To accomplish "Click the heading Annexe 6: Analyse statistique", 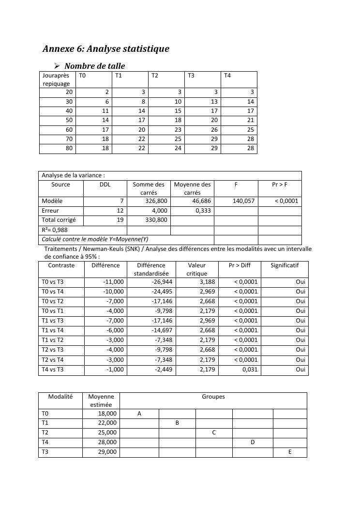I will (106, 49).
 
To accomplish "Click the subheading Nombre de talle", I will (94, 66).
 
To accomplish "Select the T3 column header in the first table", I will (191, 76).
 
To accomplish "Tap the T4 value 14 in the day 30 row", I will (250, 102).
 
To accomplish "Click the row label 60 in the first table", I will (69, 130).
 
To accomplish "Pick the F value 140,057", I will (244, 201).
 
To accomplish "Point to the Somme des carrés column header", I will (149, 188).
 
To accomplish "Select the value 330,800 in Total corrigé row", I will (156, 220).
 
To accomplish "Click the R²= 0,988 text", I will (55, 230).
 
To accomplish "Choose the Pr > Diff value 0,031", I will (250, 370).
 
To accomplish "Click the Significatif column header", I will (285, 265).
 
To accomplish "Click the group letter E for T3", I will (289, 452).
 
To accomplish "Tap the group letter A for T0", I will (139, 414).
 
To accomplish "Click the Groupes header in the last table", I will (213, 397).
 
